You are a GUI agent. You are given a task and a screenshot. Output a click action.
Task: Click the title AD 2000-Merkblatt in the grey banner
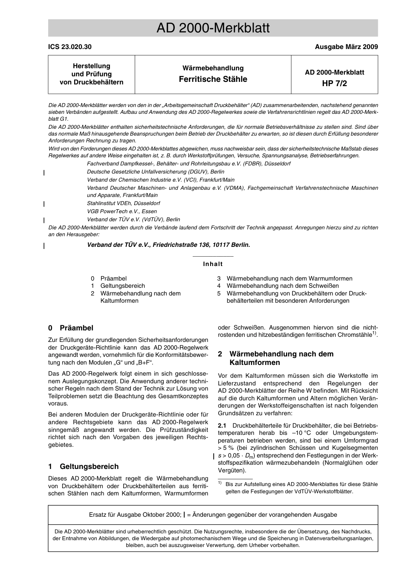click(213, 28)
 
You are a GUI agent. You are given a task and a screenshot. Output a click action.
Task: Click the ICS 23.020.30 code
click(70, 47)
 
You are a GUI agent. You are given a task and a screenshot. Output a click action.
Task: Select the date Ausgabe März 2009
click(346, 47)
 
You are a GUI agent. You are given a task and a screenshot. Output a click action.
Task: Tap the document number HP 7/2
click(334, 83)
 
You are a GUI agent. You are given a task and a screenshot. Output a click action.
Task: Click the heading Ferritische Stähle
click(213, 79)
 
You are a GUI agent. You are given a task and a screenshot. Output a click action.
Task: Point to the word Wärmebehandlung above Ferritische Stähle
click(213, 68)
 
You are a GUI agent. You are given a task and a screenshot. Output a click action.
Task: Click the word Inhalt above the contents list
click(213, 264)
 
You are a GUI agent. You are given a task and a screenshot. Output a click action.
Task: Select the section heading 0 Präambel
click(71, 328)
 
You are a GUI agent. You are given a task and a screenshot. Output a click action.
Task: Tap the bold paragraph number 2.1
click(222, 426)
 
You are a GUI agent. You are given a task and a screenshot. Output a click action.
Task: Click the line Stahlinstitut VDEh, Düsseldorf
click(123, 203)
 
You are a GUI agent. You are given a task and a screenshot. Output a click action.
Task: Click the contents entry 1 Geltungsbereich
click(118, 286)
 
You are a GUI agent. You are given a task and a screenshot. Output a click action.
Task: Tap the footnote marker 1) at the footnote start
click(220, 483)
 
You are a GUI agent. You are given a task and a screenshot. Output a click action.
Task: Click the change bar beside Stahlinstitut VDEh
click(44, 204)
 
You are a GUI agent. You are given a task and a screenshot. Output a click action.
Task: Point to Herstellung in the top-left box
click(91, 66)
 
